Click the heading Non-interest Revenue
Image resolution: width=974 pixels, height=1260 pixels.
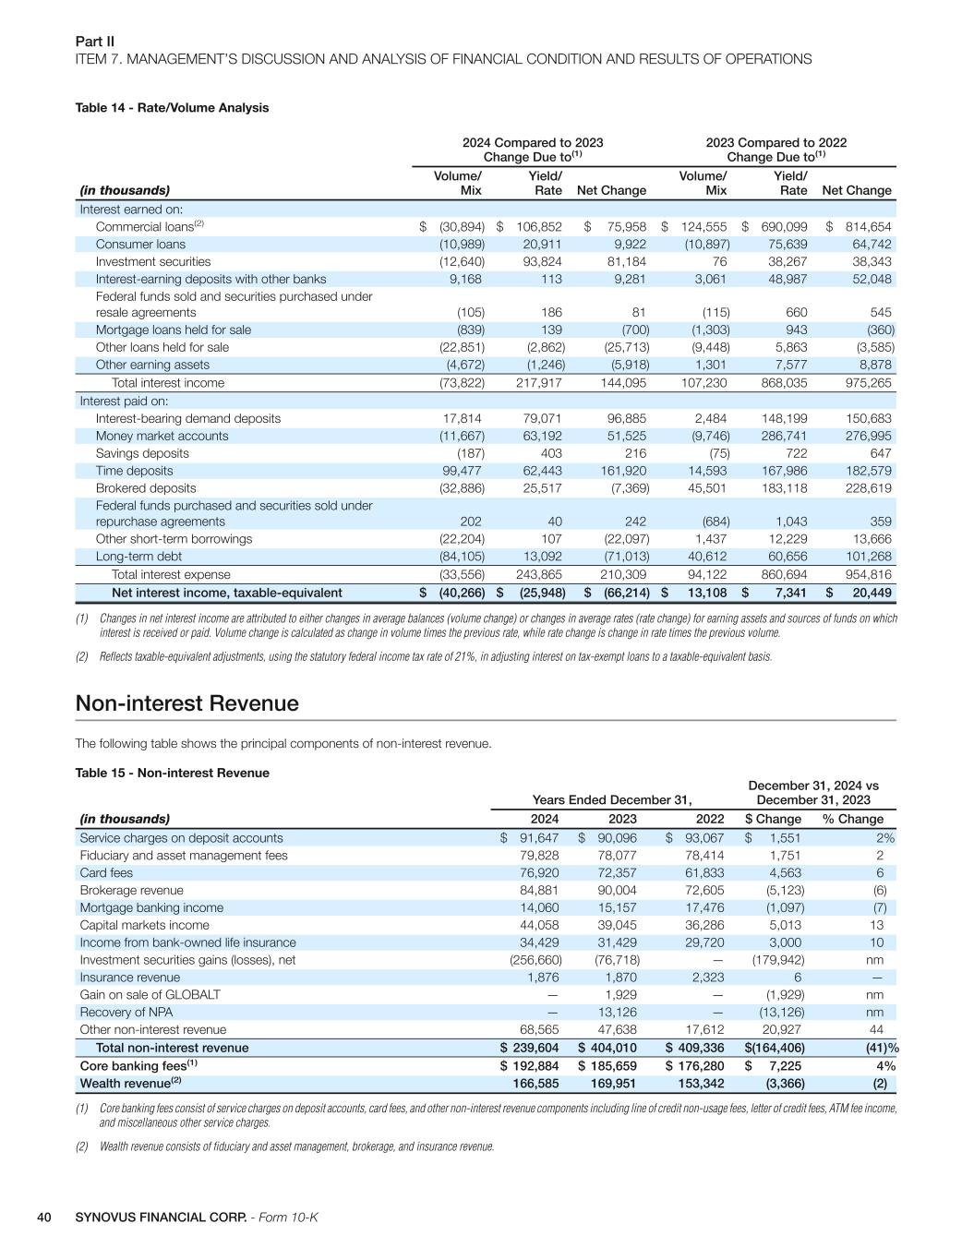pos(186,703)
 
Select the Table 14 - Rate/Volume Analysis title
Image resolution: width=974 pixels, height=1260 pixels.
pos(172,108)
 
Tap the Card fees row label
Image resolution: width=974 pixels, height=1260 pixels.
pos(106,873)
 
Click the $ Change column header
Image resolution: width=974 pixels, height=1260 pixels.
pos(773,819)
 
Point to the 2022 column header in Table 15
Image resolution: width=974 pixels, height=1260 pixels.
pos(709,819)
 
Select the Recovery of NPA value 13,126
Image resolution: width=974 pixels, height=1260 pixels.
pos(618,1013)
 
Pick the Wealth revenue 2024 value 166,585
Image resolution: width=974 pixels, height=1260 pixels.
pos(531,1083)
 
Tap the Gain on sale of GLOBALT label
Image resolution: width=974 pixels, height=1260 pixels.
pos(150,995)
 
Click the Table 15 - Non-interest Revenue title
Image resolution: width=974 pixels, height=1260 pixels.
pos(172,773)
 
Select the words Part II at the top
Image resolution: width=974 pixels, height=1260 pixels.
pos(94,42)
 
